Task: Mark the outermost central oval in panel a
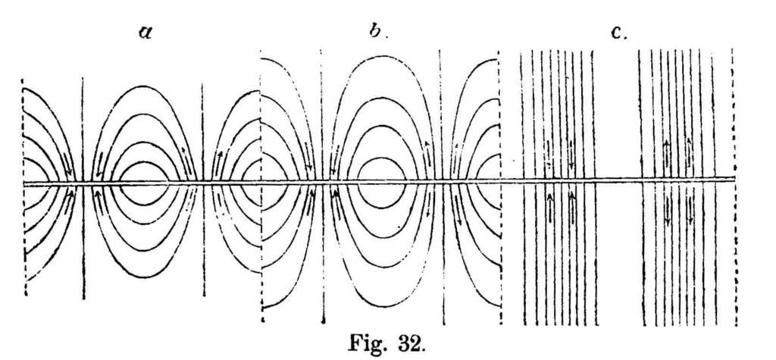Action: (142, 87)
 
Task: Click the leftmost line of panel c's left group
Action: (523, 250)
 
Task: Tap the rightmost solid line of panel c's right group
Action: (715, 250)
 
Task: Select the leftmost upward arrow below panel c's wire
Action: (549, 206)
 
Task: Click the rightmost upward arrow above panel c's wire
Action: (690, 152)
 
